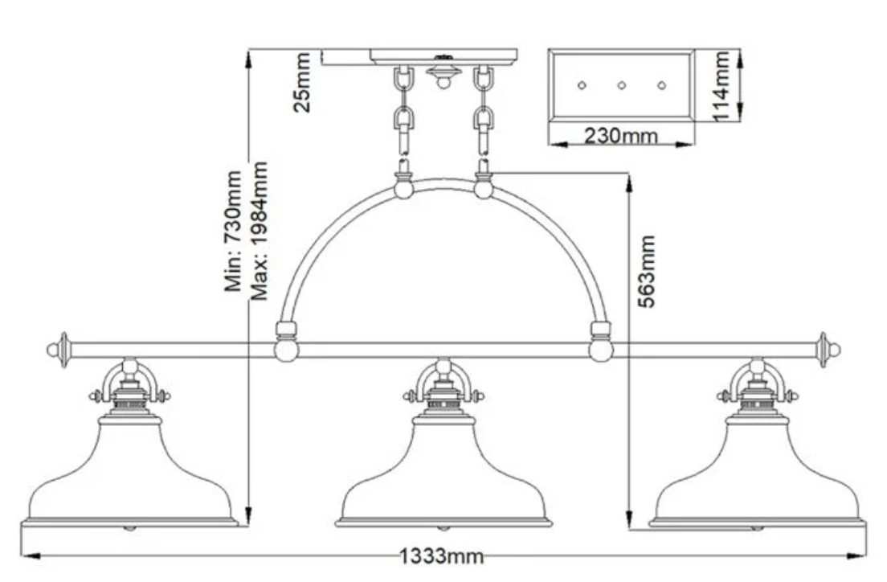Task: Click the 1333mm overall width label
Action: point(442,556)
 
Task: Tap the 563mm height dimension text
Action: point(647,272)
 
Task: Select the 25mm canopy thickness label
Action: point(302,83)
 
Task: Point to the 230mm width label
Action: point(620,136)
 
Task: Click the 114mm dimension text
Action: point(721,86)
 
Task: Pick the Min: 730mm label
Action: point(233,232)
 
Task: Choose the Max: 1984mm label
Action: point(258,231)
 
